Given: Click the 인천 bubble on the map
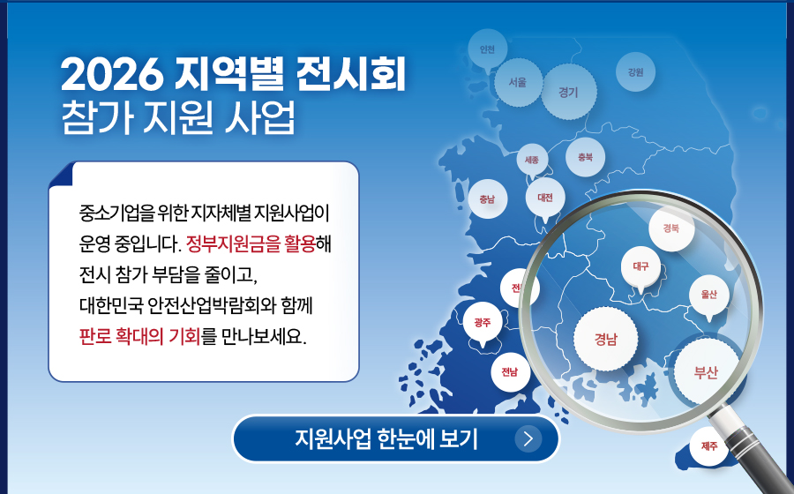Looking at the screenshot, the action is [x=487, y=49].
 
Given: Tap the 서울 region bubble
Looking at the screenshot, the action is [x=518, y=83].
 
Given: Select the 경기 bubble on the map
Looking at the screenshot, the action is [x=568, y=92].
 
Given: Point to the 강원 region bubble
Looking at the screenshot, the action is [x=635, y=72].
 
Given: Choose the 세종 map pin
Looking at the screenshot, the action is [x=532, y=160].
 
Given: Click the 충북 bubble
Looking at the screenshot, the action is [x=586, y=157].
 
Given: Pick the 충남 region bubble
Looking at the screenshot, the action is [x=487, y=198].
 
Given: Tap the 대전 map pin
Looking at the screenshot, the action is [x=545, y=198].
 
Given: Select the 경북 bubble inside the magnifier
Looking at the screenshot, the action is [x=671, y=228].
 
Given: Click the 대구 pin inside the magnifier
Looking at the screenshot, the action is [x=640, y=266].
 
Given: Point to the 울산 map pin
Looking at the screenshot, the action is [x=709, y=295].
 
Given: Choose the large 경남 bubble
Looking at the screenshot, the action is [x=605, y=339].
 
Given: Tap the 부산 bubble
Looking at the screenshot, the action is [x=706, y=372].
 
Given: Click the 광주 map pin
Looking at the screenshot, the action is [x=483, y=322].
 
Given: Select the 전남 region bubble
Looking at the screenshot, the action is [x=510, y=372].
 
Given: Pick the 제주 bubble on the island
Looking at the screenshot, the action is [x=709, y=445].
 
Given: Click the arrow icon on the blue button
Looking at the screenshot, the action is [x=528, y=438].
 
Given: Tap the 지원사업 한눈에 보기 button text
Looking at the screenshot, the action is [x=386, y=438].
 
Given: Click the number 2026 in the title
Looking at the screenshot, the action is [x=112, y=75].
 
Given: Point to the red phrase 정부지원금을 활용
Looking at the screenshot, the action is [x=251, y=244].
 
